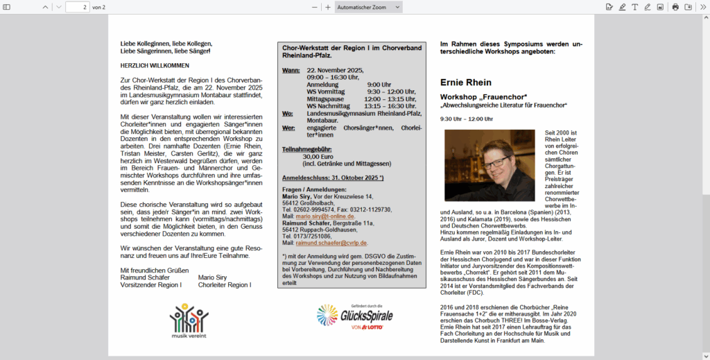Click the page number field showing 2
pyautogui.click(x=78, y=7)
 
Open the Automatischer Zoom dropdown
pyautogui.click(x=368, y=7)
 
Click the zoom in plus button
pyautogui.click(x=328, y=7)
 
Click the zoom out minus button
pyautogui.click(x=314, y=7)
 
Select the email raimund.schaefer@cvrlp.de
pyautogui.click(x=331, y=243)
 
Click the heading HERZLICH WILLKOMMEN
pyautogui.click(x=155, y=66)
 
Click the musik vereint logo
pyautogui.click(x=189, y=321)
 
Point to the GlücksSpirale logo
pyautogui.click(x=355, y=316)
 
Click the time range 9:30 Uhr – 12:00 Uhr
pyautogui.click(x=467, y=119)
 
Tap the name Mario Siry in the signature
pyautogui.click(x=212, y=277)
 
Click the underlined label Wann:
pyautogui.click(x=290, y=71)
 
